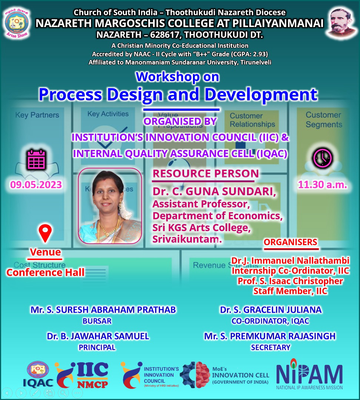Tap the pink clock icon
point(323,159)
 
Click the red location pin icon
point(45,233)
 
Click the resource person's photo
point(110,206)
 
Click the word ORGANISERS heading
point(290,242)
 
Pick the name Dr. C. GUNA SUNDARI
point(214,193)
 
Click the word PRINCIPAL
point(97,347)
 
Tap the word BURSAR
point(97,321)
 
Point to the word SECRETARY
point(270,347)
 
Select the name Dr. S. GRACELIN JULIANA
point(270,310)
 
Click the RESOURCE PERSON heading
point(206,173)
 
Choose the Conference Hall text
point(45,273)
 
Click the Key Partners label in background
point(37,115)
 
